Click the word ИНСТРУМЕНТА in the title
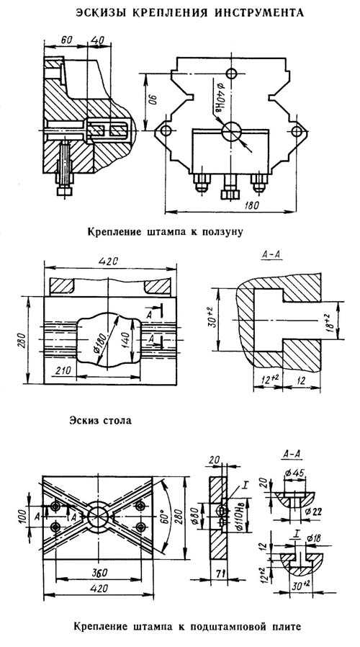point(260,13)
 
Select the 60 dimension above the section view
point(66,40)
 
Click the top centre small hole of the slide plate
point(232,74)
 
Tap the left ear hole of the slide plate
point(166,131)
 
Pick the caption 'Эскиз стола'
point(101,421)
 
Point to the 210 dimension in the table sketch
point(61,370)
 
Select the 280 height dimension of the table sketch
point(23,340)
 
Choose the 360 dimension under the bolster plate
point(98,572)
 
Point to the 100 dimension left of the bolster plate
point(23,514)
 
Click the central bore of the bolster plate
point(98,515)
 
